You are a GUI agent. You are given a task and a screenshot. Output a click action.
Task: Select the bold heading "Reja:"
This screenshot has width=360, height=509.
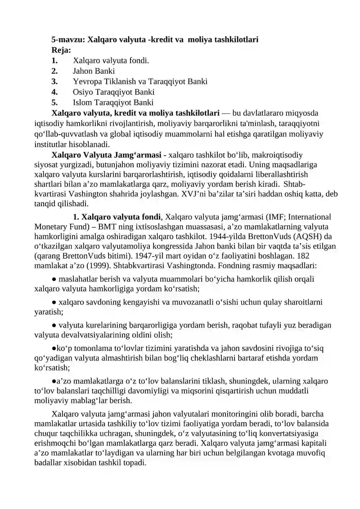(61, 50)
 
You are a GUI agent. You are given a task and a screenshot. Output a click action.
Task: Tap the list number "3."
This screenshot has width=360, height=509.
(54, 81)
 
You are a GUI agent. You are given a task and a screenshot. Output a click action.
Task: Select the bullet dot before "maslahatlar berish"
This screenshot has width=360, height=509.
(54, 279)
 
